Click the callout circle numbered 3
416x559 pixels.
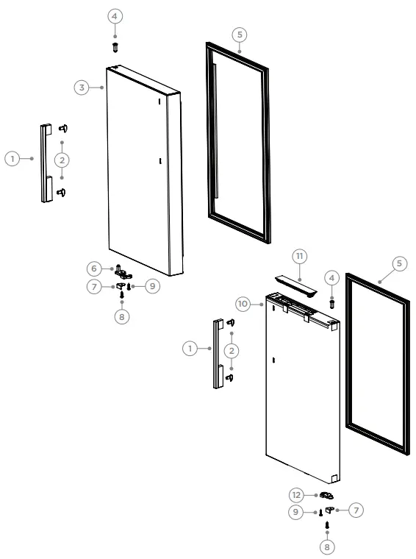pyautogui.click(x=82, y=88)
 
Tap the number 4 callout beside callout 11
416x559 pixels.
pyautogui.click(x=331, y=278)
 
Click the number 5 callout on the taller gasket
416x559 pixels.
pyautogui.click(x=240, y=34)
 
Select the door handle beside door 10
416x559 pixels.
pyautogui.click(x=218, y=354)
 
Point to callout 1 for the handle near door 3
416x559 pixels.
pyautogui.click(x=12, y=158)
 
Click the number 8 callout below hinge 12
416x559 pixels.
pyautogui.click(x=327, y=546)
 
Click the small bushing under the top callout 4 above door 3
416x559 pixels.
pyautogui.click(x=115, y=46)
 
